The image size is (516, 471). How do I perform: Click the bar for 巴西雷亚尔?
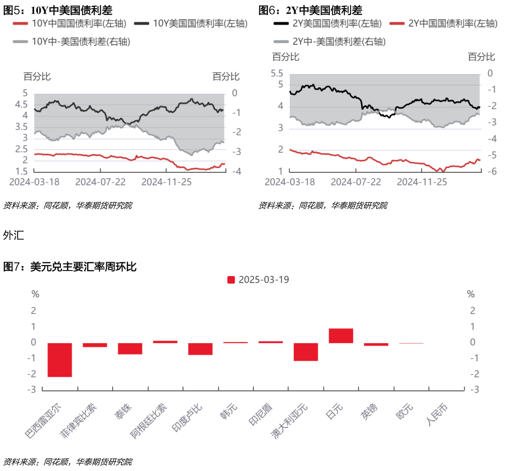coord(60,360)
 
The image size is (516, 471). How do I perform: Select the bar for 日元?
coord(341,335)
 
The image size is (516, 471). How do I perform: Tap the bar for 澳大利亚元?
coord(306,352)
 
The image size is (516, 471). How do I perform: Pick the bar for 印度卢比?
coord(200,349)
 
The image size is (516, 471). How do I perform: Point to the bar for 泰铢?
coord(130,348)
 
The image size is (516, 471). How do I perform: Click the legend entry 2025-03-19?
coord(258,280)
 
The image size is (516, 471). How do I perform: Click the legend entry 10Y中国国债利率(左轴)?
coord(70,23)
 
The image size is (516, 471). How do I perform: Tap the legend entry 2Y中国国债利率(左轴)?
coord(445,23)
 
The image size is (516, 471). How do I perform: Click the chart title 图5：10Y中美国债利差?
coord(58,10)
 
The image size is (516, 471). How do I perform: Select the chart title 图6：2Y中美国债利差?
coord(310,10)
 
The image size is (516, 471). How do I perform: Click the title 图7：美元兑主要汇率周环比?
coord(70,267)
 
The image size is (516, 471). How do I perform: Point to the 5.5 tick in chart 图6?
coord(277,74)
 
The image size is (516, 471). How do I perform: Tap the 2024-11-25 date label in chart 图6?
coord(421,181)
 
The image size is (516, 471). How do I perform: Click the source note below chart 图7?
coord(68,461)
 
